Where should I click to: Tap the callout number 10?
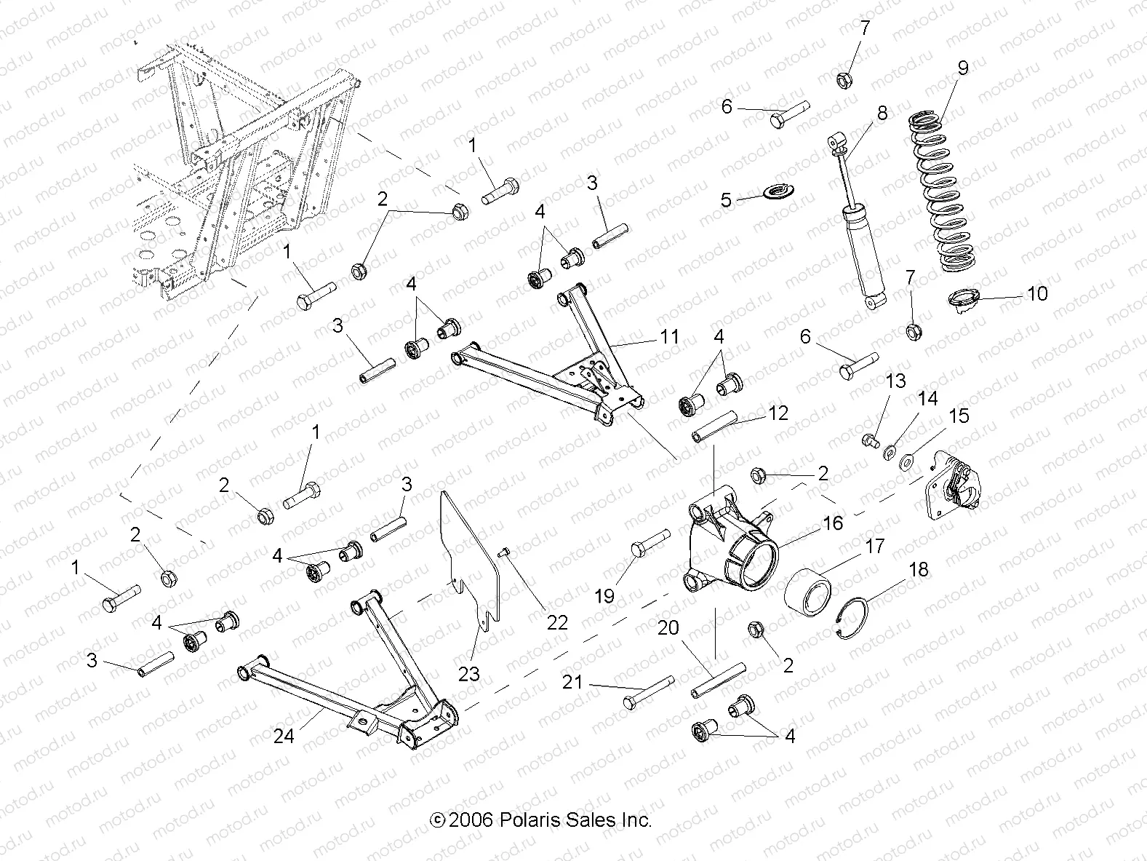pos(1037,294)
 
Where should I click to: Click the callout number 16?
pos(833,523)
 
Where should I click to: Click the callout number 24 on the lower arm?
pos(284,736)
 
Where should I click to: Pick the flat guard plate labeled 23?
pos(473,553)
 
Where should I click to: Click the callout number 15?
pos(959,416)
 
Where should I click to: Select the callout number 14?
pos(927,399)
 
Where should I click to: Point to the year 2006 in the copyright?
pos(471,820)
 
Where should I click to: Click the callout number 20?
pos(668,628)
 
